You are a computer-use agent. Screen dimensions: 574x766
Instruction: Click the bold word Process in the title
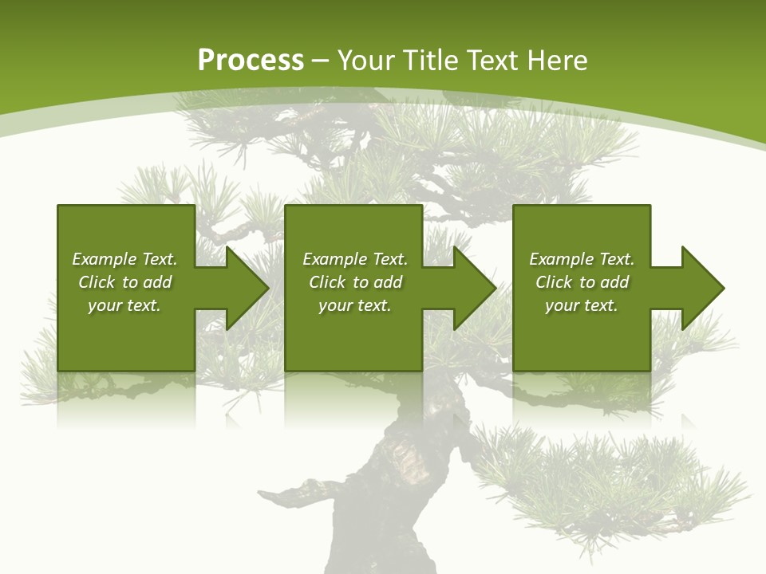tap(251, 61)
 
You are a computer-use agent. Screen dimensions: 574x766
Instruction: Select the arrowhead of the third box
tap(701, 288)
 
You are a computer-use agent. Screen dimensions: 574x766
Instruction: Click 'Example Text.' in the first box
tap(124, 259)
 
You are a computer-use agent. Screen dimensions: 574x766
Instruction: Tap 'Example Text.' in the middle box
tap(355, 259)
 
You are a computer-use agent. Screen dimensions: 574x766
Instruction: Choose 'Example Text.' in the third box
tap(582, 259)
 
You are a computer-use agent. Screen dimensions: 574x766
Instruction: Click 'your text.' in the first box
tap(124, 305)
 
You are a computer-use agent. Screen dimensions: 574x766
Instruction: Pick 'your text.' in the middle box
tap(355, 305)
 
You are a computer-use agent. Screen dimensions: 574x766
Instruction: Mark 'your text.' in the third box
tap(582, 305)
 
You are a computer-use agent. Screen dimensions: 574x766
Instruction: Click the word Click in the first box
tap(97, 282)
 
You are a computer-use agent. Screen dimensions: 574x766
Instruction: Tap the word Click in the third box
tap(555, 282)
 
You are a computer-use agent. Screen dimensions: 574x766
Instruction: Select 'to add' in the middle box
tap(377, 282)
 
